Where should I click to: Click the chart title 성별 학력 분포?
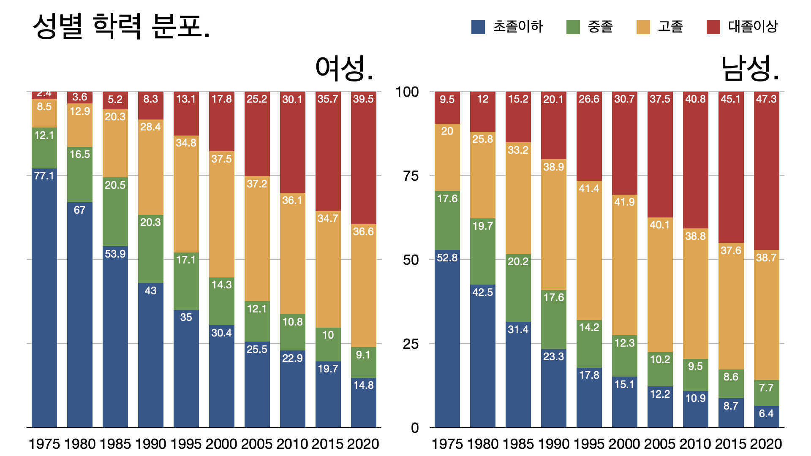121,26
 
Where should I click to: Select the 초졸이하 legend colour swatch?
478,27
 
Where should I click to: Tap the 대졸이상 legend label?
753,27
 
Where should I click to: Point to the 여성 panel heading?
344,68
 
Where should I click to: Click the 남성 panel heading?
750,68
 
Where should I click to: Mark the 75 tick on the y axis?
411,176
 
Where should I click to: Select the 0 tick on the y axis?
414,428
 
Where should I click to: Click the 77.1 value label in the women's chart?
44,176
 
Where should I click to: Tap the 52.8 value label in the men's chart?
447,258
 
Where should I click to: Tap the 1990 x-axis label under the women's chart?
151,444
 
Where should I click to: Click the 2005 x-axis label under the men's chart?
660,444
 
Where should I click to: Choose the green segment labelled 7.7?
766,393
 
